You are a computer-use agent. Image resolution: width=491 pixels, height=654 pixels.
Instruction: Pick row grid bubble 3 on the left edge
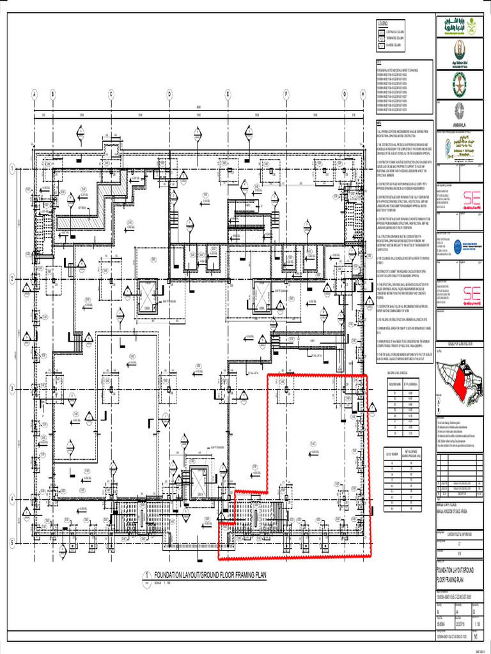coord(12,389)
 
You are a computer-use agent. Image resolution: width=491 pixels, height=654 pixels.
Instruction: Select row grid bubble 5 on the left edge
coord(12,542)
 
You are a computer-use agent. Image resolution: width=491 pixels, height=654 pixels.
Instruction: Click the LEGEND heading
coord(383,23)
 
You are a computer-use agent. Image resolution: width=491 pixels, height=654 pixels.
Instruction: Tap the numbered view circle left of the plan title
coord(148,575)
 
